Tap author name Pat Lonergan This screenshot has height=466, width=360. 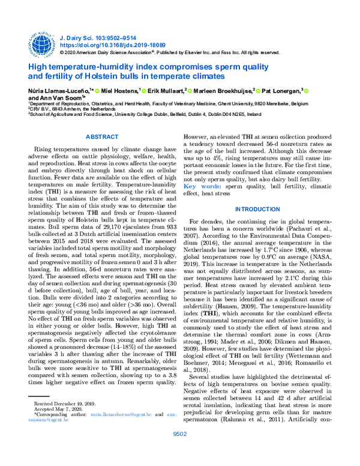pos(282,90)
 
